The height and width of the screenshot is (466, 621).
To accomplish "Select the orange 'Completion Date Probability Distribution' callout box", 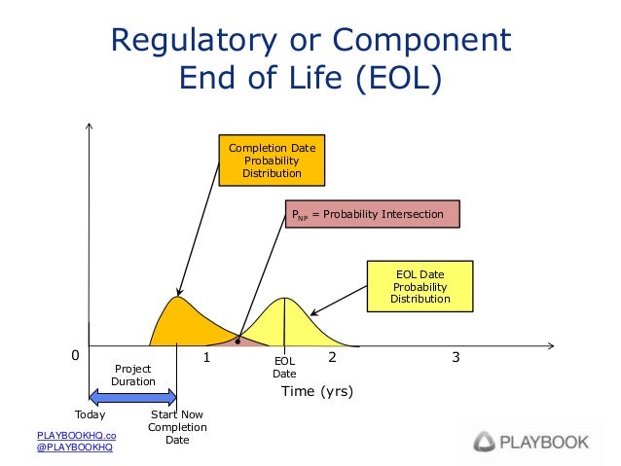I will [x=271, y=161].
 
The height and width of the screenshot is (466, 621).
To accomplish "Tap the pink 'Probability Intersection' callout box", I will [x=371, y=214].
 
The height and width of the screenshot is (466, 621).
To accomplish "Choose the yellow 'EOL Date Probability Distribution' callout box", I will [x=420, y=287].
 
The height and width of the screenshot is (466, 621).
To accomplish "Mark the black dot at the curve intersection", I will [x=237, y=340].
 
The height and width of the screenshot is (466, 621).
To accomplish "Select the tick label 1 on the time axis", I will [x=207, y=358].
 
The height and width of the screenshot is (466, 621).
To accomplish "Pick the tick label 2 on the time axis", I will [x=332, y=358].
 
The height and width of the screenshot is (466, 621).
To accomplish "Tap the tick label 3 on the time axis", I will [x=457, y=358].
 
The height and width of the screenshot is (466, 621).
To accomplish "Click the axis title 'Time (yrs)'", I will [x=316, y=392].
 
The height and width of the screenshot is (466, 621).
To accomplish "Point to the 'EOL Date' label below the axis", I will [x=284, y=367].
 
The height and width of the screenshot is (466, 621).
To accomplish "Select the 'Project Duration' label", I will [x=133, y=375].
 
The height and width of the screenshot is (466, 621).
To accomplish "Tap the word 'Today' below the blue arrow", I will [x=91, y=413].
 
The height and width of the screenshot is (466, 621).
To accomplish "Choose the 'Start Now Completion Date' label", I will [x=176, y=426].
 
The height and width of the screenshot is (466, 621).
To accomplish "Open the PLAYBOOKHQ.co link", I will [x=76, y=435].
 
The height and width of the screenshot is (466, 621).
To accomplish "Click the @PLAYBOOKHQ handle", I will [x=74, y=448].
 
